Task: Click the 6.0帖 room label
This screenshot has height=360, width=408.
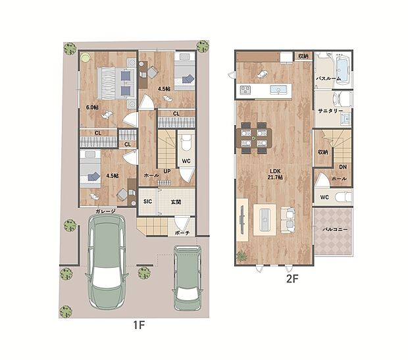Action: [x=92, y=107]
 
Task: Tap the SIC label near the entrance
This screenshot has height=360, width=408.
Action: [x=147, y=202]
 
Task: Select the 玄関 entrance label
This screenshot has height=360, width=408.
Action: [x=176, y=202]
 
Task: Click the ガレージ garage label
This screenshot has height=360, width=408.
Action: [x=105, y=211]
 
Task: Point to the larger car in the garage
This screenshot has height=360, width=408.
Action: [x=107, y=262]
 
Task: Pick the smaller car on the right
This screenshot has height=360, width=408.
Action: [x=188, y=278]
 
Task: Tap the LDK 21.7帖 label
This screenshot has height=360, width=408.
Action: [x=275, y=174]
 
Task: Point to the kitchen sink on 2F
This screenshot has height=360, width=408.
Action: [x=278, y=90]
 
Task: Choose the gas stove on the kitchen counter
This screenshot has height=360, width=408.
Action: [x=245, y=90]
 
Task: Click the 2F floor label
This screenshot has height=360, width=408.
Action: [x=292, y=279]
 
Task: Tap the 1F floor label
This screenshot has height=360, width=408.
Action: [x=139, y=325]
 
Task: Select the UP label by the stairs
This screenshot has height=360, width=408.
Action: [x=167, y=171]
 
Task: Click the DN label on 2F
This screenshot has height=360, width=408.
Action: [x=343, y=167]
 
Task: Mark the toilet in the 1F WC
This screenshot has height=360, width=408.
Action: [x=186, y=143]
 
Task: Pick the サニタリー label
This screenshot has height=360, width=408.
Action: [x=330, y=111]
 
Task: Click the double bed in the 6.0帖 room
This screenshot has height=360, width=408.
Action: [x=116, y=84]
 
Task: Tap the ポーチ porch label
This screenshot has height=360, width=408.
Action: [x=182, y=233]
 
